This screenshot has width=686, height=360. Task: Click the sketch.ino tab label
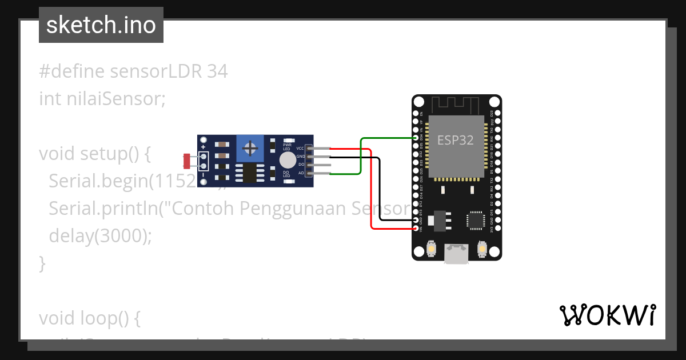[101, 25]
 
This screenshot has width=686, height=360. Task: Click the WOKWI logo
[608, 315]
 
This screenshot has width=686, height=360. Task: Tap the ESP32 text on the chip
[456, 140]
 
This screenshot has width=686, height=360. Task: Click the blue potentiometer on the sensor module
[250, 149]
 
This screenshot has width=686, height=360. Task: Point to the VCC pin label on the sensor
[300, 148]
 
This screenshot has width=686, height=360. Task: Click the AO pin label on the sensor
[301, 173]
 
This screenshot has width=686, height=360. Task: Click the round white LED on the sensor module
[288, 159]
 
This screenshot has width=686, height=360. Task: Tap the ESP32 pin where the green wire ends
[416, 138]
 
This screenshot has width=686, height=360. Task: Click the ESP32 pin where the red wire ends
[416, 229]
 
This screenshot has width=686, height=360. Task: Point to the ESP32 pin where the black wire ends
[416, 220]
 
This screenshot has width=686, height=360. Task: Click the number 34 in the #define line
[217, 71]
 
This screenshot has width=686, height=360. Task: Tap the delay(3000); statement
[101, 235]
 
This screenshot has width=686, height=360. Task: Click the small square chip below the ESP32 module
[476, 220]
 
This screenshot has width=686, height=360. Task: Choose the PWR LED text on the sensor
[287, 147]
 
